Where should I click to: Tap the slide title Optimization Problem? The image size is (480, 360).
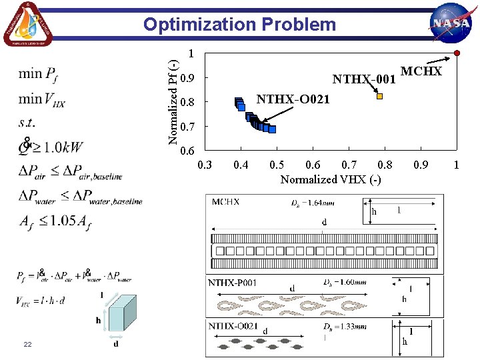point(240,25)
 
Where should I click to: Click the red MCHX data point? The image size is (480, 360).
point(457,53)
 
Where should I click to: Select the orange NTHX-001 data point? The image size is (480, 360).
point(379,96)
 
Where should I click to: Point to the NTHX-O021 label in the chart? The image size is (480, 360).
point(293,100)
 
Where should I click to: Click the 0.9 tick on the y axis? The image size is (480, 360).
point(188,79)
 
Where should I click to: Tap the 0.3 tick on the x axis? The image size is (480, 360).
point(205,165)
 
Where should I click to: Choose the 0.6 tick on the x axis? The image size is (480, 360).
point(312,165)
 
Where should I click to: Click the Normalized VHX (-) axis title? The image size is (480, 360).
point(331,179)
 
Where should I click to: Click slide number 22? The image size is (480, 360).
point(27,343)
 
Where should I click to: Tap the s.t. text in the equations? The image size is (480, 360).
point(27,123)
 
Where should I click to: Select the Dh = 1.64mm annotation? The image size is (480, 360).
point(313,203)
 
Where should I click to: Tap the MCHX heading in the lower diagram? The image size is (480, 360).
point(226,201)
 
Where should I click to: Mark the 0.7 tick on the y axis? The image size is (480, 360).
point(188,126)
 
